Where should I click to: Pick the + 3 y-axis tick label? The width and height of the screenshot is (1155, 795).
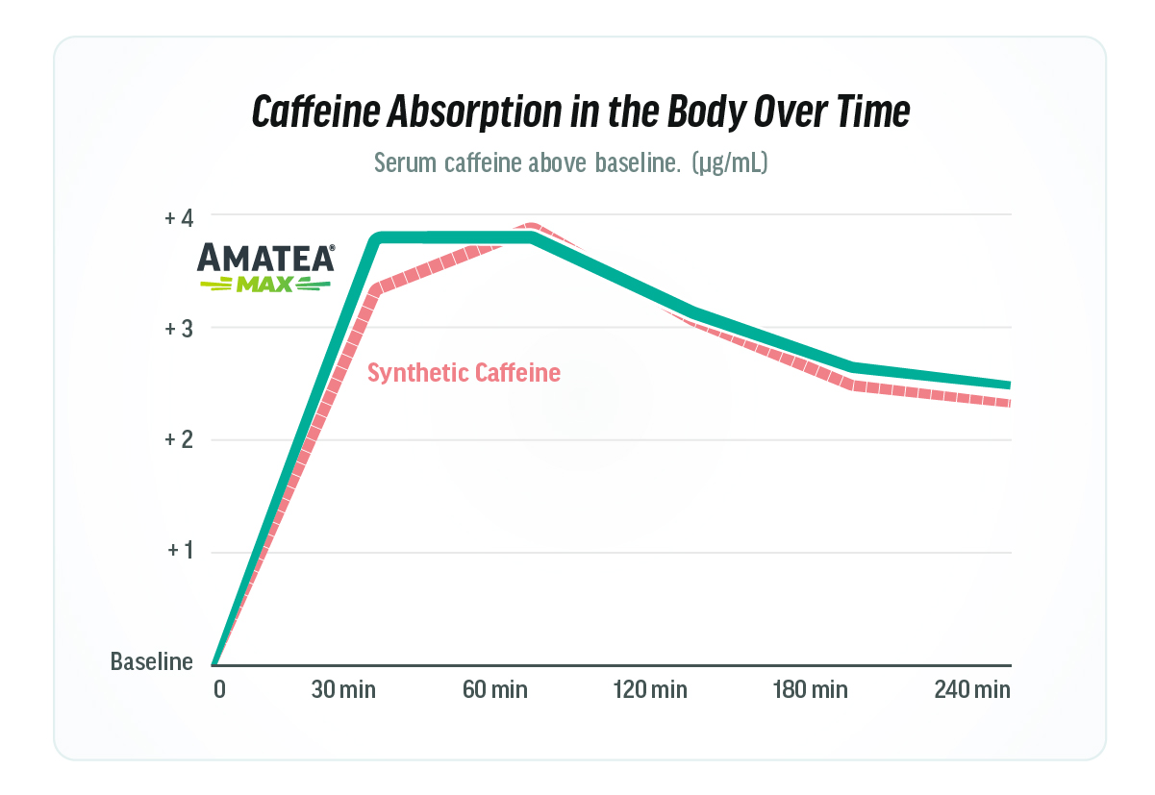coord(179,329)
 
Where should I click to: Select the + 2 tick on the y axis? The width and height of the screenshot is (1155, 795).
coord(179,440)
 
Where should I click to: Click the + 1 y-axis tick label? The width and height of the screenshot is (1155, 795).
coord(179,551)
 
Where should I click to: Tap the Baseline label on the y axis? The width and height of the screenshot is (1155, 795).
coord(152,662)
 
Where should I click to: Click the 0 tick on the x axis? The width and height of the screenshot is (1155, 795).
coord(218,690)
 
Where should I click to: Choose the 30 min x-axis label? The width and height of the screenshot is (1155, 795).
coord(343,690)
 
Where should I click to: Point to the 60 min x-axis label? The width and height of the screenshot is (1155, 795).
coord(495,690)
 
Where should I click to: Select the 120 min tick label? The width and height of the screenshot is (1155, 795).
coord(652,690)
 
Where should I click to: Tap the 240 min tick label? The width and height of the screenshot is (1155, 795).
coord(972,690)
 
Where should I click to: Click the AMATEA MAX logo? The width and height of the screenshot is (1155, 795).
coord(266,267)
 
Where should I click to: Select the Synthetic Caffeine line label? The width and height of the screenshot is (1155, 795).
coord(464,373)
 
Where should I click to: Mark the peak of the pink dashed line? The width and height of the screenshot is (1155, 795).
coord(532,228)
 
